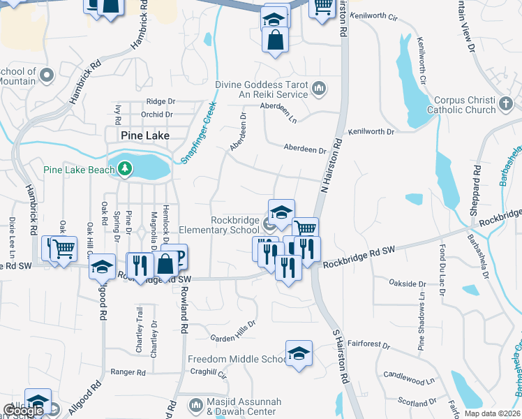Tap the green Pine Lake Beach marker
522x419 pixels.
[125, 168]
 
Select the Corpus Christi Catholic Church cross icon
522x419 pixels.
[507, 105]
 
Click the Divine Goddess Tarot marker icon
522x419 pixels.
[319, 88]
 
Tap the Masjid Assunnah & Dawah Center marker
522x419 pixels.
[195, 403]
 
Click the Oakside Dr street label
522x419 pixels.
[407, 284]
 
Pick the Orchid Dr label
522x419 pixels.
[156, 114]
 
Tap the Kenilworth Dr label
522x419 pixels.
[371, 131]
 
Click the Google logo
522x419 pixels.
[22, 411]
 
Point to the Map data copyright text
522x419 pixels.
[492, 413]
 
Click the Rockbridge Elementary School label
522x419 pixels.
[218, 224]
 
